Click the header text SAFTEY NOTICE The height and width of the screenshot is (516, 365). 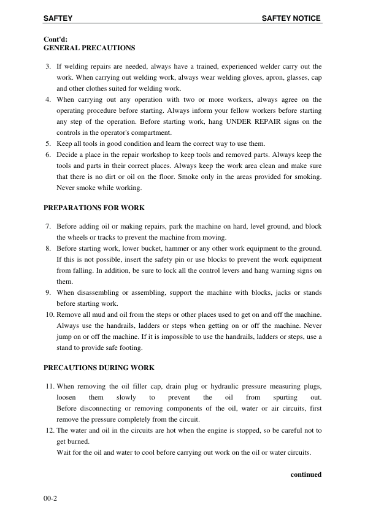291,18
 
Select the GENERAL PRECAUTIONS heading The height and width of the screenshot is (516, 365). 90,47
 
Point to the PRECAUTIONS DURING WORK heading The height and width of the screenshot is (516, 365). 99,368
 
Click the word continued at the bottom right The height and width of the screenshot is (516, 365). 305,474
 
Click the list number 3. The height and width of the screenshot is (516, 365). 48,66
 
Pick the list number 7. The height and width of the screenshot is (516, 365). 48,226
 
